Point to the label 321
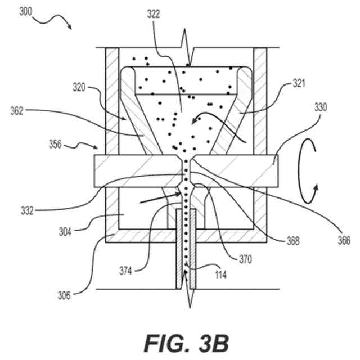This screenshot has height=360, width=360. (299, 84)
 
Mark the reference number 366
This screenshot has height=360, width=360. (343, 241)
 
